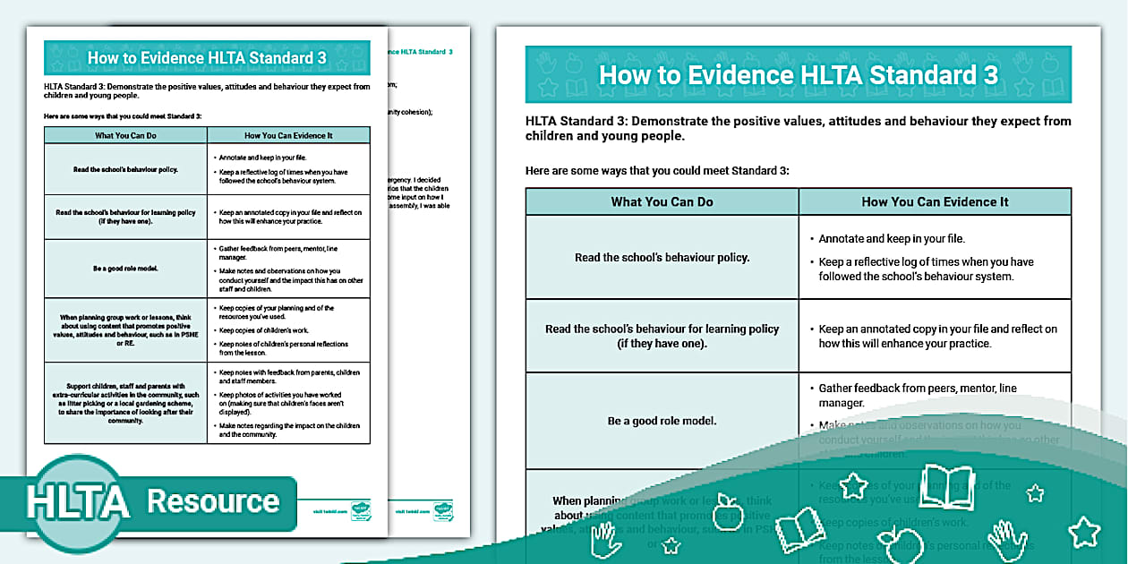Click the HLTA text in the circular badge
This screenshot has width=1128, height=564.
77,502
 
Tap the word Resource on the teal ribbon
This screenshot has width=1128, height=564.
213,501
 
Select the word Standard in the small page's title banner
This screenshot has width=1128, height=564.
269,58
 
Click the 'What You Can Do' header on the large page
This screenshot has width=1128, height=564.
662,201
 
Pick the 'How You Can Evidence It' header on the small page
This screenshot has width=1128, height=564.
288,135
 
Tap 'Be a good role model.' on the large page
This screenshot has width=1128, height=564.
662,421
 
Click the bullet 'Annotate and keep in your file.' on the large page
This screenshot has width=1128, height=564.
892,239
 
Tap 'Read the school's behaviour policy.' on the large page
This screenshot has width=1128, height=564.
662,257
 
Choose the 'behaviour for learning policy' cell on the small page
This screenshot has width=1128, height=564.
125,217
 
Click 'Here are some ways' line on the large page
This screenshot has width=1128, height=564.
657,170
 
